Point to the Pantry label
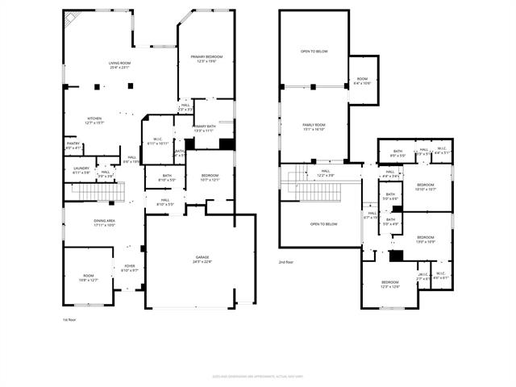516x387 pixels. point(73,146)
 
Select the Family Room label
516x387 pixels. point(314,127)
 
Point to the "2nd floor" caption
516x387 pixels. point(287,262)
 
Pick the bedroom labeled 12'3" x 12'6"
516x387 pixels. point(389,284)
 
